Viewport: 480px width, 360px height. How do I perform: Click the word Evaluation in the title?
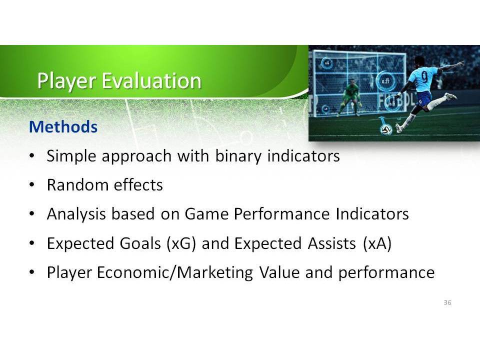tap(151, 80)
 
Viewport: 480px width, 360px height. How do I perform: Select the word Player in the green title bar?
tap(66, 81)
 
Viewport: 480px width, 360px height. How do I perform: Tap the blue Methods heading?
tap(63, 126)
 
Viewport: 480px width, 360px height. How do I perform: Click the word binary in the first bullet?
tap(238, 156)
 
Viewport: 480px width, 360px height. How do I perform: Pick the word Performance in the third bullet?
tap(281, 213)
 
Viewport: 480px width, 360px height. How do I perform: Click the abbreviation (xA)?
tap(377, 243)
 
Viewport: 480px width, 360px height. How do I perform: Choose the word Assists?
tap(332, 243)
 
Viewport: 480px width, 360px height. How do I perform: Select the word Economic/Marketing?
tap(175, 272)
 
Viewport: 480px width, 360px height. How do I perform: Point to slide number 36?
tap(447, 302)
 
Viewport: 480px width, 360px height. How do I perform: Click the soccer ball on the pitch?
tap(386, 130)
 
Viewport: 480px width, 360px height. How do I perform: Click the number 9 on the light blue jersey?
tap(425, 77)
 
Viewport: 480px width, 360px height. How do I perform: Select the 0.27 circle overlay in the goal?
tap(385, 81)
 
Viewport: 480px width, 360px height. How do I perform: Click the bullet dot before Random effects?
tap(32, 185)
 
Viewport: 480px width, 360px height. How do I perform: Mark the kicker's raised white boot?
tap(450, 96)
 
